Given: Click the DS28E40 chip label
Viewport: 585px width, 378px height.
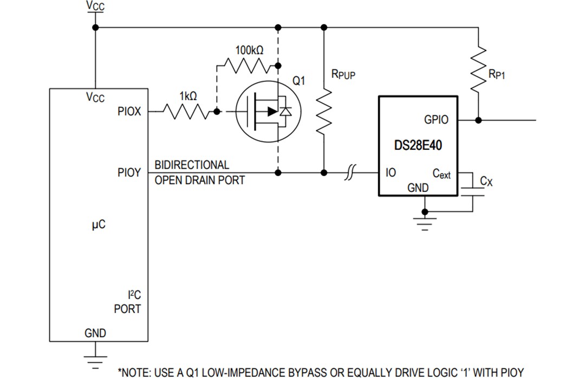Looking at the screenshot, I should point(418,145).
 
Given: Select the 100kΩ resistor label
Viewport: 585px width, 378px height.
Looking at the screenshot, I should point(249,50).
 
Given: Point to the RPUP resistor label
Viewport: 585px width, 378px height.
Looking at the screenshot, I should point(343,74).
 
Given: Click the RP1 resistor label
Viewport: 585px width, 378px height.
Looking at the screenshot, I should point(496,75).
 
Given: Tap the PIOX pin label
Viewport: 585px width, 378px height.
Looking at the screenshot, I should point(129,111).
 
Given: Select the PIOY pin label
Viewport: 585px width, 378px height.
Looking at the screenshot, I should point(129,173).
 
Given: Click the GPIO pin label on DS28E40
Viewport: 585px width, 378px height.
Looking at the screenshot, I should point(435,120).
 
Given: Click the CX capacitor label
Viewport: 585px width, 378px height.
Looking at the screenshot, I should point(486,181).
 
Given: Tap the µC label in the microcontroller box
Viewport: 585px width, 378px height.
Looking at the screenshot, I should point(98,224).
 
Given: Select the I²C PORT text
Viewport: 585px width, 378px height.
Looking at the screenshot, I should point(127,302).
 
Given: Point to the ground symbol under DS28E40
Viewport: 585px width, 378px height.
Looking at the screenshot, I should point(425,223).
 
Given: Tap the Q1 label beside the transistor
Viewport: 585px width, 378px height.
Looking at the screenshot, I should point(298,81).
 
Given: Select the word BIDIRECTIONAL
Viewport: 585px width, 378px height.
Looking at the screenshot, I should point(192,164).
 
